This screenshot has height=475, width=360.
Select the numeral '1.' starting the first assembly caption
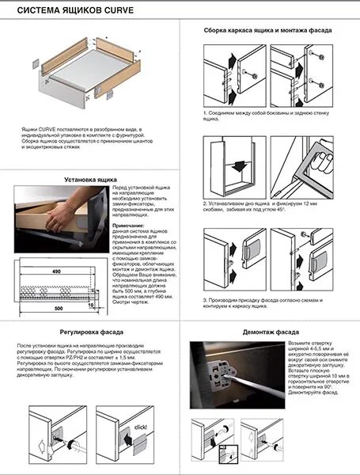point(204,112)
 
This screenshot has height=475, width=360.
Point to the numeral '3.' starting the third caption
point(204,301)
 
